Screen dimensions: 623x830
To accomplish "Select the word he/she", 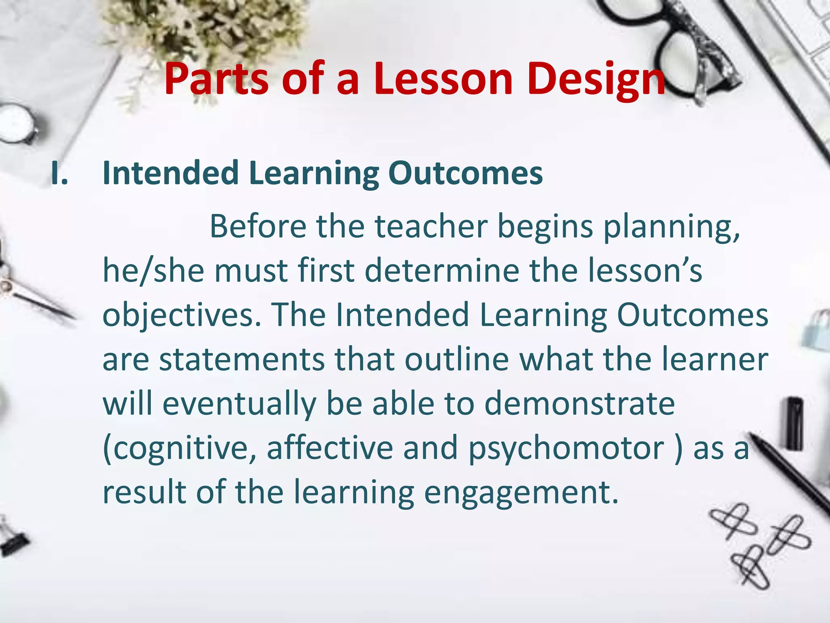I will coord(154,271).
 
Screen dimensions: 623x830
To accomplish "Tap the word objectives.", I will coord(182,316).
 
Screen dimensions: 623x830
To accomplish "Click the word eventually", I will coord(240,404).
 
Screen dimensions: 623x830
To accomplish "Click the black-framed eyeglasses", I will coord(665,45).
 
